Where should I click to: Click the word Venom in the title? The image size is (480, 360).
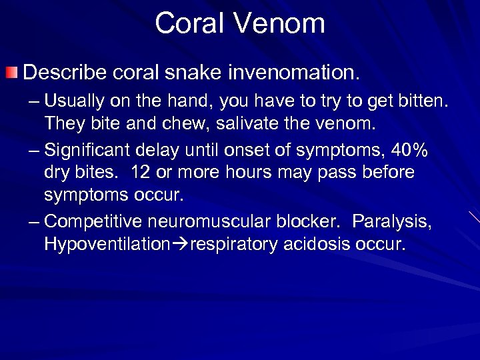click(x=279, y=23)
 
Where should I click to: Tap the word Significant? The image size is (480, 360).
click(x=97, y=151)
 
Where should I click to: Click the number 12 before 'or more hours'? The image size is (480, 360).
click(x=141, y=172)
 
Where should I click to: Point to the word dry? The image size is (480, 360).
click(x=56, y=172)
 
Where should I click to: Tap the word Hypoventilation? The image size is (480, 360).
click(x=107, y=244)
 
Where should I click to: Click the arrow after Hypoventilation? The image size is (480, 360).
click(x=180, y=244)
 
